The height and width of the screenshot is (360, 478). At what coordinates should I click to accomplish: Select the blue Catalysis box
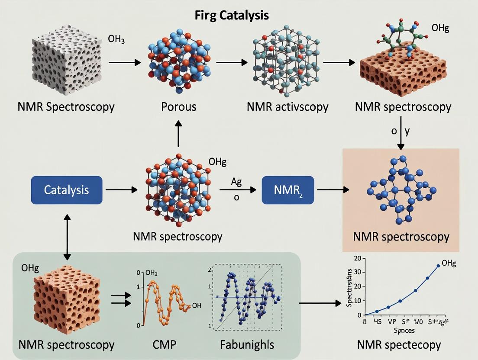click(67, 190)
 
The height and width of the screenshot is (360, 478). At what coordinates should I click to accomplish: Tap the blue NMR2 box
click(287, 190)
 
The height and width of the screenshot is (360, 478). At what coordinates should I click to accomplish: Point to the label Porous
click(179, 107)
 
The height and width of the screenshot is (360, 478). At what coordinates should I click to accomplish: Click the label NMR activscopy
click(287, 107)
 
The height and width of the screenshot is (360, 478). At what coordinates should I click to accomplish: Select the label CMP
click(164, 345)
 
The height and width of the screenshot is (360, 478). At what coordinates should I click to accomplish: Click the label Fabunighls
click(247, 345)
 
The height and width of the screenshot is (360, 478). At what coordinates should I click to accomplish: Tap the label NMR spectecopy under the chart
click(399, 345)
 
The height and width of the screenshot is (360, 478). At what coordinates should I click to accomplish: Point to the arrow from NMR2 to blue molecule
click(333, 190)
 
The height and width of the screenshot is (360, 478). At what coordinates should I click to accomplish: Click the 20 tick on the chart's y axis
click(358, 259)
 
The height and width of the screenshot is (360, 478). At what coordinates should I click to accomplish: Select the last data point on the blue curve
click(438, 266)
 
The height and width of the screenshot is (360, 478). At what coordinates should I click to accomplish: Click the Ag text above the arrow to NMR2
click(236, 182)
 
